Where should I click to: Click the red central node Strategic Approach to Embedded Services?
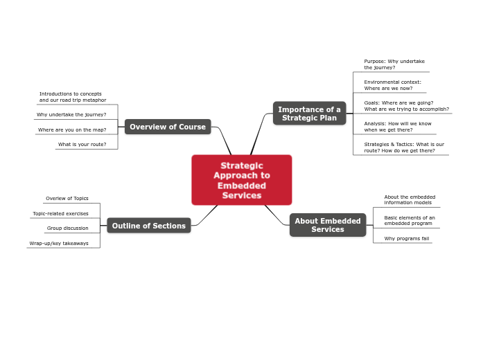[x=241, y=180]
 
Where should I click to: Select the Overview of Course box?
[x=168, y=127]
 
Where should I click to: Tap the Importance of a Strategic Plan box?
[x=309, y=114]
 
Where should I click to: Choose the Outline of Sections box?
[x=149, y=226]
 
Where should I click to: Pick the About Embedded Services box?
[x=328, y=225]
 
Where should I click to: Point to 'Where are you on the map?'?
[x=72, y=129]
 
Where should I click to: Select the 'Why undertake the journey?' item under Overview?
[x=71, y=114]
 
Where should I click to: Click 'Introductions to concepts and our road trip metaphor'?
[x=73, y=97]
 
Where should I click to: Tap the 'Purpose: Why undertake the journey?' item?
[x=394, y=64]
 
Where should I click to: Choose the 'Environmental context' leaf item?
[x=392, y=85]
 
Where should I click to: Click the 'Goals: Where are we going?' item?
[x=406, y=106]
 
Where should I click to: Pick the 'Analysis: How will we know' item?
[x=398, y=127]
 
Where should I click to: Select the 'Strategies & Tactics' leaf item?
[x=404, y=147]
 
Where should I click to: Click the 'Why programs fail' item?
[x=407, y=238]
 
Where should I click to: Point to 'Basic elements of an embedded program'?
[x=410, y=220]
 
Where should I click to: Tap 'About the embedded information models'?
[x=410, y=199]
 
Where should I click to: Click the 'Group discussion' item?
[x=68, y=228]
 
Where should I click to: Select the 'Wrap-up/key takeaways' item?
[x=59, y=243]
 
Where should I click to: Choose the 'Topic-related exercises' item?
[x=61, y=213]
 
